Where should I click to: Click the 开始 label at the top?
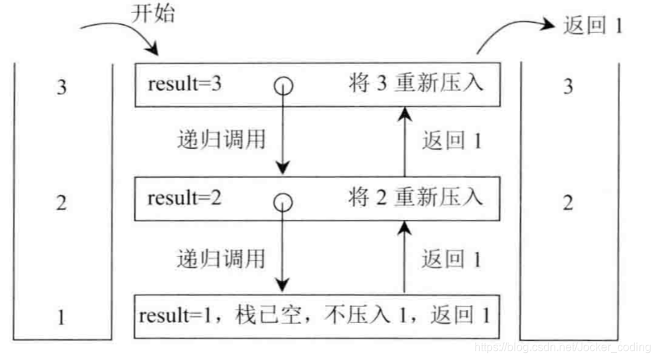coord(152,14)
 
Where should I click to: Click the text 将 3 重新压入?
coord(416,84)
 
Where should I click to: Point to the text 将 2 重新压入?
coord(416,198)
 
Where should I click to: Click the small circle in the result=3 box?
coord(284,86)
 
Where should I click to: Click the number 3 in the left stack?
coord(61,88)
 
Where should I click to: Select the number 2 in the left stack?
coord(61,203)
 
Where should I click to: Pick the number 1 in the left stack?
coord(61,317)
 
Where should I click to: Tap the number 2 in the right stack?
coord(567,203)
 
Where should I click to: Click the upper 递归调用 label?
coord(220,140)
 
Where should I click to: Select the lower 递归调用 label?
coord(220,257)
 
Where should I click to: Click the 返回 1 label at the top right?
coord(592,26)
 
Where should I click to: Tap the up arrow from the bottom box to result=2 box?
coord(405,256)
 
